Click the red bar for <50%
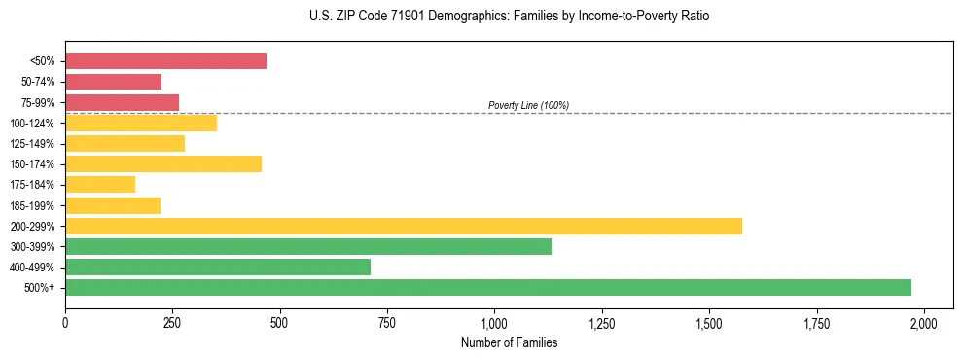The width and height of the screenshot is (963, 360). (x=165, y=61)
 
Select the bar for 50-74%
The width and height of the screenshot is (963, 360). (x=113, y=82)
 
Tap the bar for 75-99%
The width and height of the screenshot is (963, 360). (x=122, y=102)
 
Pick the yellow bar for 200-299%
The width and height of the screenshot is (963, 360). (x=404, y=226)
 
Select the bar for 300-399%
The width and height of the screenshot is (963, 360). (x=308, y=246)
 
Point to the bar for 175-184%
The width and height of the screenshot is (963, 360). (x=100, y=185)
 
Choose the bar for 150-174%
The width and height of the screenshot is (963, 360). (x=163, y=163)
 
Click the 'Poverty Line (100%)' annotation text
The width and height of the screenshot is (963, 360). (x=528, y=105)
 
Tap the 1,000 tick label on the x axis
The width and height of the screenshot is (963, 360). (x=494, y=323)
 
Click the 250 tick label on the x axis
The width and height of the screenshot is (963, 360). (x=172, y=323)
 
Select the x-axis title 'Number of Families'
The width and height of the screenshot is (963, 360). (x=509, y=342)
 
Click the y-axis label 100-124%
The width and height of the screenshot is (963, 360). (x=33, y=124)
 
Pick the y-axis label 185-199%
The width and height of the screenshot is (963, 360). (x=33, y=205)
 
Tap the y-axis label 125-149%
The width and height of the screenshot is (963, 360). (x=33, y=144)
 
